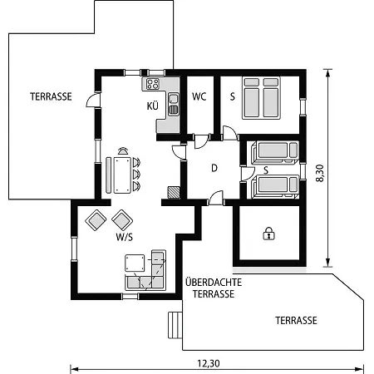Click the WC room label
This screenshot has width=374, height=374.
coord(199,96)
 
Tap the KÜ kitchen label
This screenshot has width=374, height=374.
coord(153,106)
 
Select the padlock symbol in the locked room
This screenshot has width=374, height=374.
coord(268,234)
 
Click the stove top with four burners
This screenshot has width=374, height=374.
coord(153,84)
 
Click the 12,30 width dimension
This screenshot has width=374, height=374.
coord(209,363)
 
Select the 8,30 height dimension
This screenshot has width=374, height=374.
coord(320,173)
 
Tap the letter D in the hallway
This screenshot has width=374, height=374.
coord(214,168)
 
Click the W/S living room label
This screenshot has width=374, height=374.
coord(124,237)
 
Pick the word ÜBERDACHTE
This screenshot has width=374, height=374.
coord(214,282)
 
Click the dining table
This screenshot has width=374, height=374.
coord(122,175)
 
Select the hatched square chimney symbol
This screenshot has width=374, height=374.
coord(174,193)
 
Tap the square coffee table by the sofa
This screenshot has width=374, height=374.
coord(135,263)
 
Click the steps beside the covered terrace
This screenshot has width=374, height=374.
coord(175,325)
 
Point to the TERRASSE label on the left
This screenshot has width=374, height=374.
coord(51,96)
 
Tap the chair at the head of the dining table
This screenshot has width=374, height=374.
coord(123,151)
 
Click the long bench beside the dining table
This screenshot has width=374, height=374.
coord(109,175)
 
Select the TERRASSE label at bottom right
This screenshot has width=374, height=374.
coord(296,321)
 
